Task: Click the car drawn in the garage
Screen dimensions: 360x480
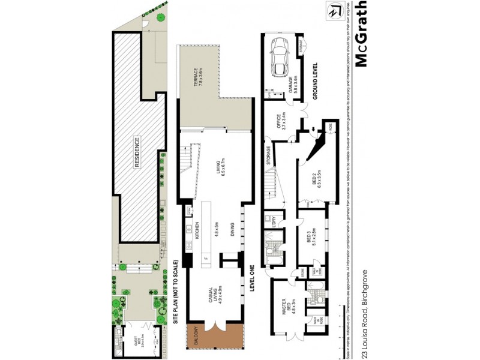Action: coord(280,57)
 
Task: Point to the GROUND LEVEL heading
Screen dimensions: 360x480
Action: coord(314,81)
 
